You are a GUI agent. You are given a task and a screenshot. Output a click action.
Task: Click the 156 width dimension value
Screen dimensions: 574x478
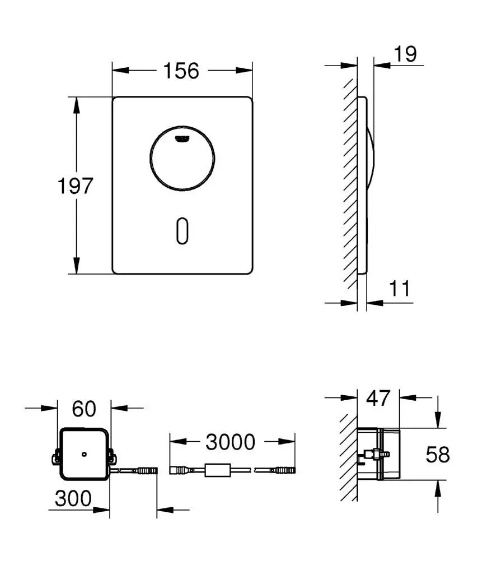coord(181,71)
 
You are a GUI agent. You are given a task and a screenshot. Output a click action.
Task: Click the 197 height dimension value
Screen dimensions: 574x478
coord(75,186)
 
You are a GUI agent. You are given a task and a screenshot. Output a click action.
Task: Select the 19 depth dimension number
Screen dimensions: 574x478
coord(405,54)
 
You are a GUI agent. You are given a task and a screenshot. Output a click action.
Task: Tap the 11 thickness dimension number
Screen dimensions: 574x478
coord(400,289)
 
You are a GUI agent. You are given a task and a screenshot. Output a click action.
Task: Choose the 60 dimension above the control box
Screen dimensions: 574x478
coord(84,409)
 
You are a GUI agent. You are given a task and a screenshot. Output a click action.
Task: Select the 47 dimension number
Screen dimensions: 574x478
coord(378,398)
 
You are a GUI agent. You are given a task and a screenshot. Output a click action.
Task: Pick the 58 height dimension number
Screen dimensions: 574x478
coord(437,455)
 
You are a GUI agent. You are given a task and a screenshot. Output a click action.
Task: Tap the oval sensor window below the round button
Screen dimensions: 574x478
coord(182,230)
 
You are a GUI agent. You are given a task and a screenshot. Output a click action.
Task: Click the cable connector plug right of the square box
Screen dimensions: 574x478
coord(146,470)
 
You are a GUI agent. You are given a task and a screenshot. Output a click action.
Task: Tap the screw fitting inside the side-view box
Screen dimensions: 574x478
coord(370,453)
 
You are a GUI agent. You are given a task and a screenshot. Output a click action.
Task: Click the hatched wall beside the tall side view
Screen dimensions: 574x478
coord(350,185)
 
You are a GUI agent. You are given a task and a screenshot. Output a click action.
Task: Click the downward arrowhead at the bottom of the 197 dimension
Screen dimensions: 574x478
coord(76,266)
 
